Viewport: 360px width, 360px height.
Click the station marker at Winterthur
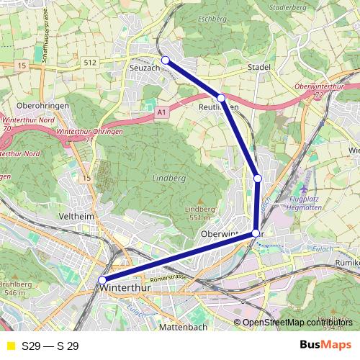pyautogui.click(x=102, y=280)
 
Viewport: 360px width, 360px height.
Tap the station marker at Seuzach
pyautogui.click(x=165, y=60)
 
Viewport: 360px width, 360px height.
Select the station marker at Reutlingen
pyautogui.click(x=221, y=97)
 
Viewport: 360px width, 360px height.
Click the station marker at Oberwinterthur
pyautogui.click(x=256, y=233)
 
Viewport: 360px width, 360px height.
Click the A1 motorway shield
pyautogui.click(x=161, y=112)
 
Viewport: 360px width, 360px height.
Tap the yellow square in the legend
pyautogui.click(x=10, y=346)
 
